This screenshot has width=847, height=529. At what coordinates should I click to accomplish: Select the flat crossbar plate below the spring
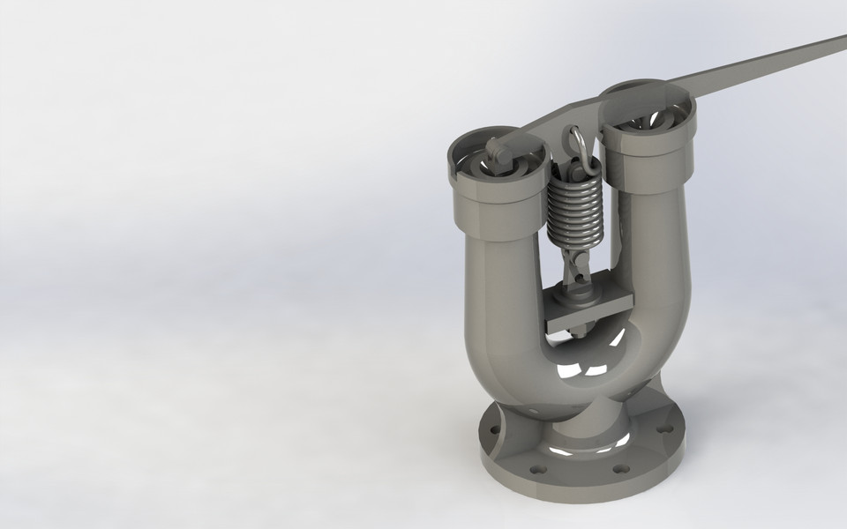[x=588, y=309]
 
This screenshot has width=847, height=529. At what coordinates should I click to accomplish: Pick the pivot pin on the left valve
[x=499, y=156]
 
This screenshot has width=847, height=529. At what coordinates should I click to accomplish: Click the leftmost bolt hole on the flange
[x=491, y=433]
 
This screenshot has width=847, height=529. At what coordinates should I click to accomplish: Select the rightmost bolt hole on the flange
[x=666, y=428]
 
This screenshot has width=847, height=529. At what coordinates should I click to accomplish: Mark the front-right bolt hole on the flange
[x=621, y=468]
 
